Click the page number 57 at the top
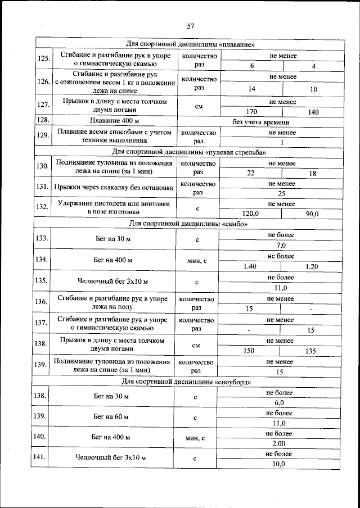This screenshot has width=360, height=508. coord(190,26)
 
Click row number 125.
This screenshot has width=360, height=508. coord(43,59)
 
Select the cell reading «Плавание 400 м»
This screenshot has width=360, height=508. coord(114,121)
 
